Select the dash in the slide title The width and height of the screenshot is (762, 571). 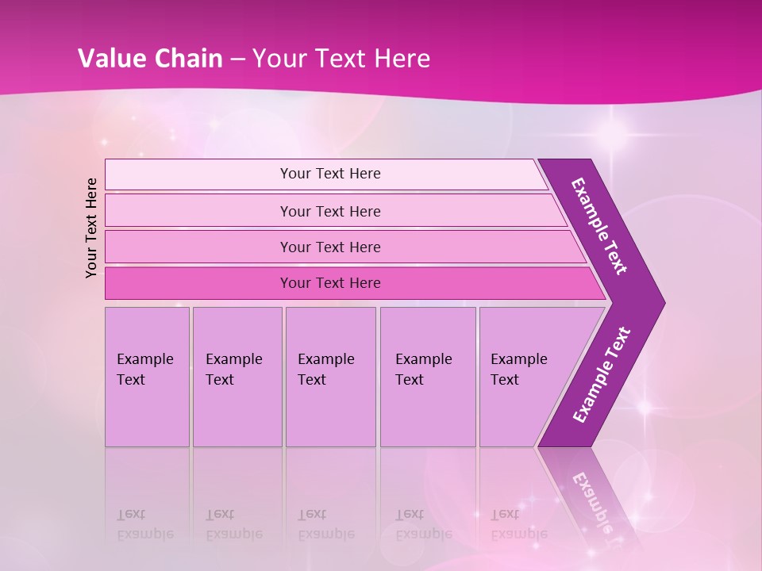[x=237, y=59]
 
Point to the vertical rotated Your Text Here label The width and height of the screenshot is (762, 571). [x=91, y=228]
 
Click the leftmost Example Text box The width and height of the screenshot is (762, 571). [x=147, y=377]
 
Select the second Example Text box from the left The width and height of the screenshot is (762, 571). [x=237, y=377]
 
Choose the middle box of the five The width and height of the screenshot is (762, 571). [x=330, y=377]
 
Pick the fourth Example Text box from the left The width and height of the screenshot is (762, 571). [x=428, y=377]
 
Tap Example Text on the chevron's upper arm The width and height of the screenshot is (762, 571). [x=599, y=226]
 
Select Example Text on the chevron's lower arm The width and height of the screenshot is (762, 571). [x=601, y=374]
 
